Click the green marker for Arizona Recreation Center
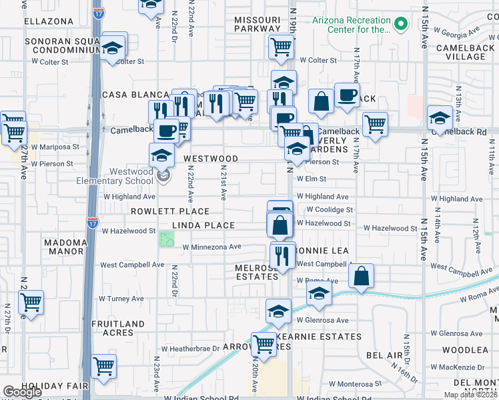pyautogui.click(x=401, y=25)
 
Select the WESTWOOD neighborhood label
pyautogui.click(x=211, y=159)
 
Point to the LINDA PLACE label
pyautogui.click(x=203, y=225)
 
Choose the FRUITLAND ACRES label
pyautogui.click(x=117, y=329)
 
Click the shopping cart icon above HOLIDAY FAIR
pyautogui.click(x=103, y=365)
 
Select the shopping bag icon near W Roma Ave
pyautogui.click(x=361, y=276)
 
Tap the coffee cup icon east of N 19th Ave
pyautogui.click(x=346, y=94)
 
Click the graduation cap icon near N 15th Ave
pyautogui.click(x=440, y=118)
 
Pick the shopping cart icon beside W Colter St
pyautogui.click(x=282, y=47)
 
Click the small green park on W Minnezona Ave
pyautogui.click(x=166, y=239)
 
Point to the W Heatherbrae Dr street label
pyautogui.click(x=191, y=349)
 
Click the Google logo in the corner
pyautogui.click(x=22, y=393)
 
